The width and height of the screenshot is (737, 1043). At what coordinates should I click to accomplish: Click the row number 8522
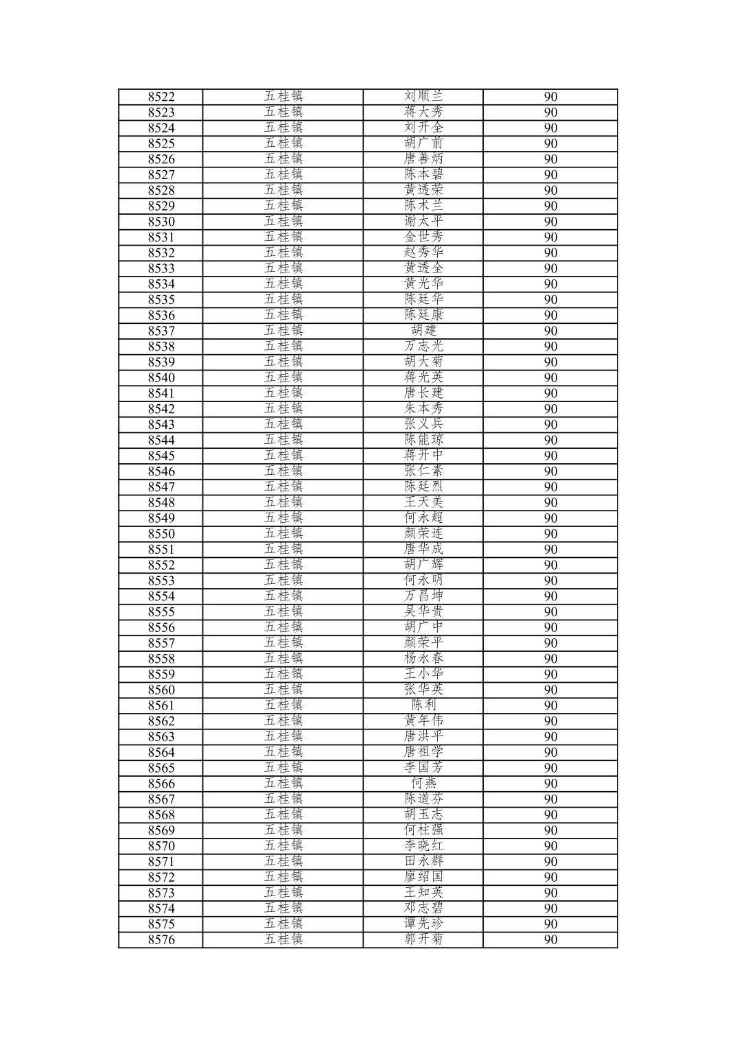pos(161,97)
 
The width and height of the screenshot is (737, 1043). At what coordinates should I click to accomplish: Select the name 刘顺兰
pos(423,97)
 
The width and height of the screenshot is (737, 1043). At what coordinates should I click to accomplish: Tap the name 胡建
pos(423,331)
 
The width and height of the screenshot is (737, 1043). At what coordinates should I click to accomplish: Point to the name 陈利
pos(423,705)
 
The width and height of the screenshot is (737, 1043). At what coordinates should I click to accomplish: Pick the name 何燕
pos(423,784)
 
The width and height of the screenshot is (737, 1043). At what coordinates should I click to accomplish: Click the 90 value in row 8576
pos(550,940)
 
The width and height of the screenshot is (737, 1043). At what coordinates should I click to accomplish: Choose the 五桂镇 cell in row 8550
pos(283,534)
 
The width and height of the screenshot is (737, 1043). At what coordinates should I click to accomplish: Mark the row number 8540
pos(161,378)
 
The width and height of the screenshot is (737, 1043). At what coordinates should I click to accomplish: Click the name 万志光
pos(423,347)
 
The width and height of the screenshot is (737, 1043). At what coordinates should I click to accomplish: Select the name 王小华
pos(423,675)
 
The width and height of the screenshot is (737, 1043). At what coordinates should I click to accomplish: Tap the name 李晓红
pos(423,846)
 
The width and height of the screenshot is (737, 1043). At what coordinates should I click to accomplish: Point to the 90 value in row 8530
pos(550,222)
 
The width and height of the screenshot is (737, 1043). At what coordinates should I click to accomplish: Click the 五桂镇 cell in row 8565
pos(283,768)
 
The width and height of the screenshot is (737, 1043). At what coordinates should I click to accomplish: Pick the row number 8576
pos(161,940)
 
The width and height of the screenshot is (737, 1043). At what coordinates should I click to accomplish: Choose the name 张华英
pos(423,690)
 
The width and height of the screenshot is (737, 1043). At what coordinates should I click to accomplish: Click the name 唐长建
pos(423,393)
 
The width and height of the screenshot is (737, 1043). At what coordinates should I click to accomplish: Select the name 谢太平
pos(423,222)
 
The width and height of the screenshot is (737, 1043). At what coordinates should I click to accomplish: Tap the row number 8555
pos(161,612)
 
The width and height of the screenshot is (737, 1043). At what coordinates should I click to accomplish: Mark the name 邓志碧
pos(423,909)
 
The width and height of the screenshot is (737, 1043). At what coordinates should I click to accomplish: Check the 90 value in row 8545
pos(550,456)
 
